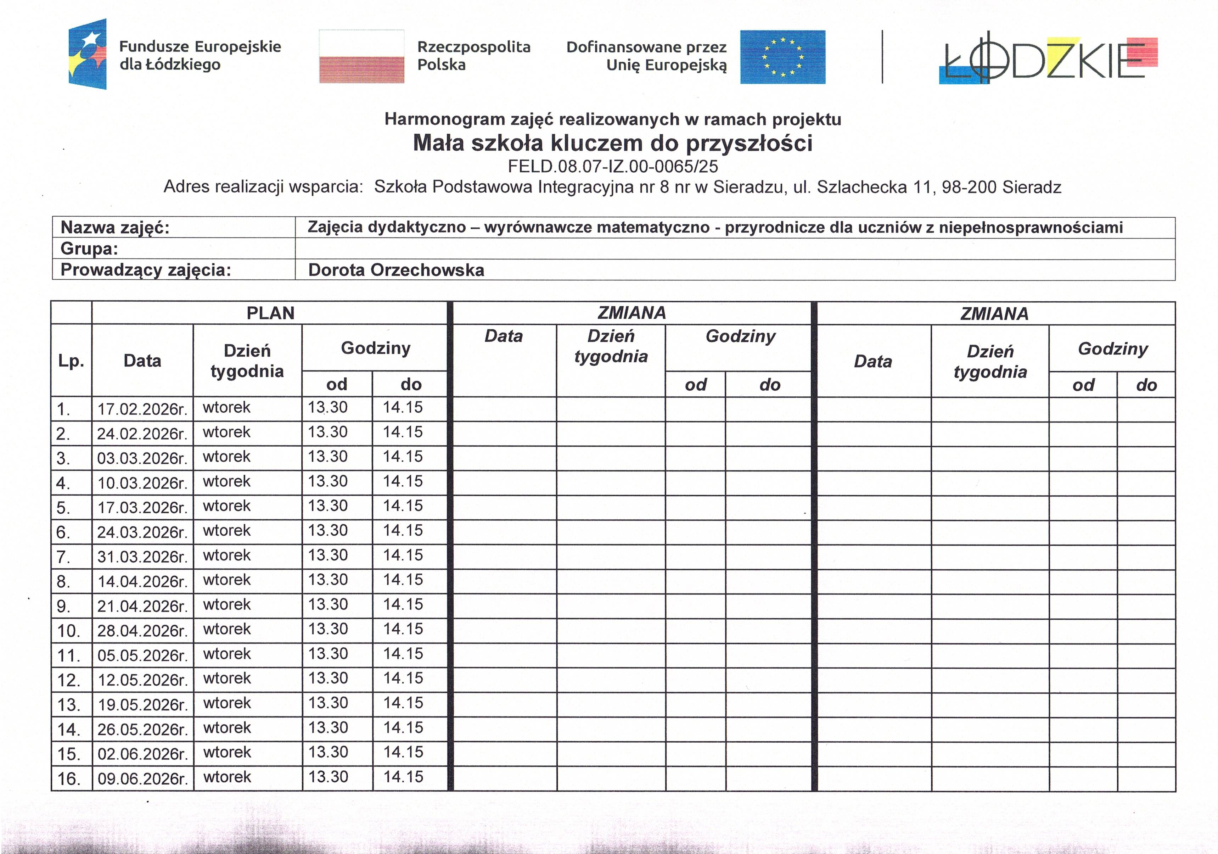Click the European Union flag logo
pos(782,57)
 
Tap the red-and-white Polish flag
pos(361,57)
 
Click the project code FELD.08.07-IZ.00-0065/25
pos(613,167)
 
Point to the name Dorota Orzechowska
pos(396,270)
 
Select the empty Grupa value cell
pos(735,249)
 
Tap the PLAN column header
pos(270,313)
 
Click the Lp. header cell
pos(71,361)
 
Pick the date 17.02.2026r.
pos(142,409)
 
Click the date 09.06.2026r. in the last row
pos(142,778)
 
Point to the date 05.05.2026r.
pos(142,655)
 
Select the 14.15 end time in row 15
pos(403,752)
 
